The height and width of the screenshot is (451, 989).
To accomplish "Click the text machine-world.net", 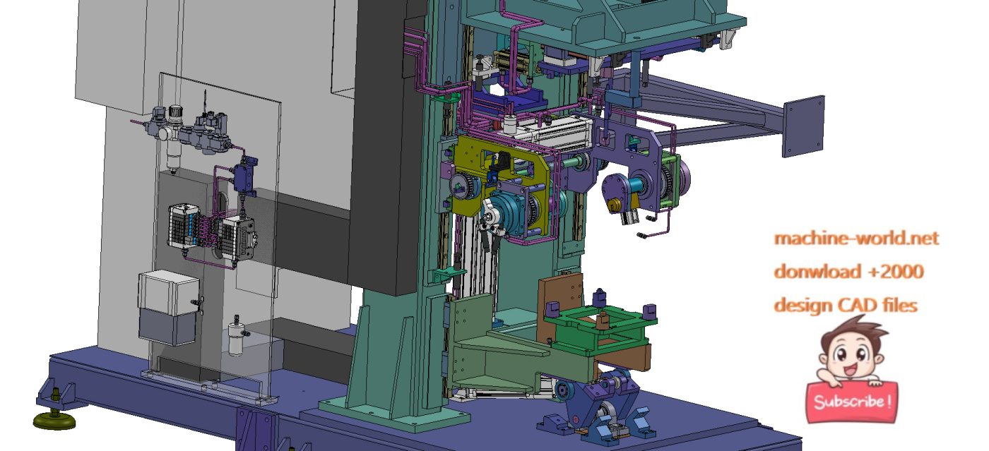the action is tap(856, 239).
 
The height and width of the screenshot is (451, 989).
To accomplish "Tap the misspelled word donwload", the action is tap(817, 272).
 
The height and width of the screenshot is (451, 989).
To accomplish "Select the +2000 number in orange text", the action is tap(896, 272).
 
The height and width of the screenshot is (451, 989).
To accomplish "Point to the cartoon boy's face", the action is tap(850, 355).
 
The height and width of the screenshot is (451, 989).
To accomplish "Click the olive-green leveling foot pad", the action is tap(54, 421).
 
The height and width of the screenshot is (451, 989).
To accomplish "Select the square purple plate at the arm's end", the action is tap(803, 126).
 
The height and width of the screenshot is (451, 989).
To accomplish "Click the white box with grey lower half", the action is tap(168, 307).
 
